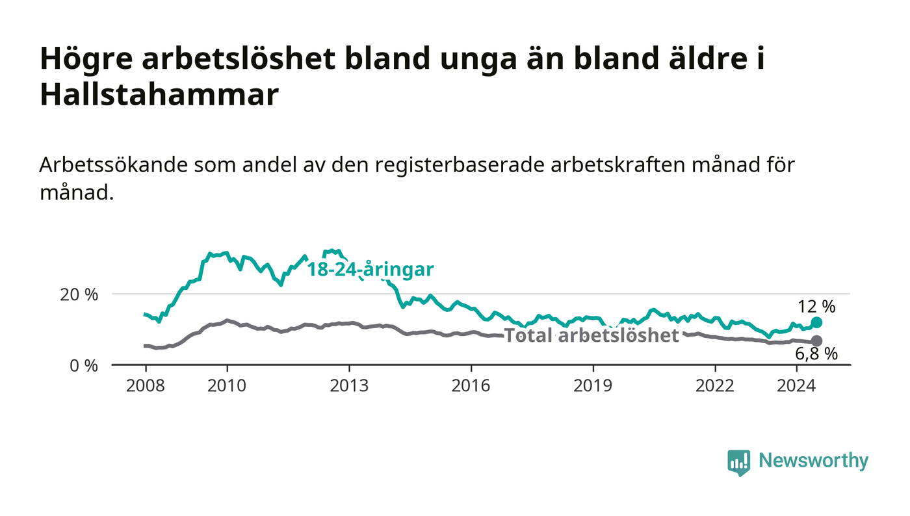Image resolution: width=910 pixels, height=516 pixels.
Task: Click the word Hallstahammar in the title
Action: point(159,95)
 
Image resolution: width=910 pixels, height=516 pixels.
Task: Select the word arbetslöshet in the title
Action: point(239,58)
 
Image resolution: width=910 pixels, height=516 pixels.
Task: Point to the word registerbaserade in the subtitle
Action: point(459,166)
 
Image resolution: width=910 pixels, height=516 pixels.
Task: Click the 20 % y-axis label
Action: point(79,294)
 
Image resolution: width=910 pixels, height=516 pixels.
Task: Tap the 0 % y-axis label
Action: point(84,366)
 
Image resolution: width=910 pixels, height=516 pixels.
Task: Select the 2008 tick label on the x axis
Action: point(146,385)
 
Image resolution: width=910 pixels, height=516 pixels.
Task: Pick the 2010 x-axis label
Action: point(227,385)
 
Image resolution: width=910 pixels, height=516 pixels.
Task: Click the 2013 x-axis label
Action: point(349,385)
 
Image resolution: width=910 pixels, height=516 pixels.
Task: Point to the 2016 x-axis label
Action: point(471,385)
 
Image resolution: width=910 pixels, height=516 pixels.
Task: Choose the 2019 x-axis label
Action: point(593,385)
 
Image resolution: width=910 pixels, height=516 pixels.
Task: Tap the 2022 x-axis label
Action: point(715,385)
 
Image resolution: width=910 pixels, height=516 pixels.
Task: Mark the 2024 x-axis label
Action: point(796,385)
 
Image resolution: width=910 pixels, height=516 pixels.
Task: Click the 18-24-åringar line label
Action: point(370,270)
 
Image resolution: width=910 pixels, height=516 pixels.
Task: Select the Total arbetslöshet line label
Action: point(591,335)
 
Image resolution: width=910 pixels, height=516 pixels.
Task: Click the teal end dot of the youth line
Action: point(816,322)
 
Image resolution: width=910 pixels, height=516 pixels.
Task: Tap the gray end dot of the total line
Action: point(816,341)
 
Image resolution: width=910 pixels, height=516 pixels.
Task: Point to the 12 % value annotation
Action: point(816,307)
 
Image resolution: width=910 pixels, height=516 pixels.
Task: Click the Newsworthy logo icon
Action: point(738,462)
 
